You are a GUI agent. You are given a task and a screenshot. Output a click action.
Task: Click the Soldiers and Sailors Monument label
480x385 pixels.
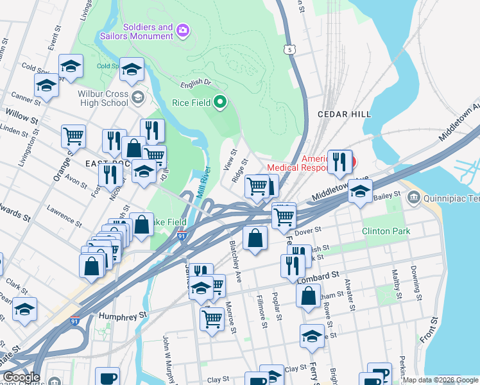point(137,31)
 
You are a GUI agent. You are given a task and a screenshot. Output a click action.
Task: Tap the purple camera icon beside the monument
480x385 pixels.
point(183,30)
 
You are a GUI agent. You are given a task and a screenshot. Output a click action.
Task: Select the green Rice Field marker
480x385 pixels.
point(220,102)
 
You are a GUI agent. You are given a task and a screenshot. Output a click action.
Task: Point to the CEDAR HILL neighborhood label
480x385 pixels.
point(345,114)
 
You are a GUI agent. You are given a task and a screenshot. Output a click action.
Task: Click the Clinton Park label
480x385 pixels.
point(385,230)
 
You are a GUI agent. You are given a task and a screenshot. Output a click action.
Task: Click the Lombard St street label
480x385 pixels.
point(318,275)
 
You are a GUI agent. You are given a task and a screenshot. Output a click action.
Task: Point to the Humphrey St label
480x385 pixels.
point(123,316)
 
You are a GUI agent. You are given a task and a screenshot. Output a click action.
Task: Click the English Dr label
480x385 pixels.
point(196,83)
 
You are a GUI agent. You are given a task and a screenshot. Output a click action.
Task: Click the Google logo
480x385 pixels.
point(22,377)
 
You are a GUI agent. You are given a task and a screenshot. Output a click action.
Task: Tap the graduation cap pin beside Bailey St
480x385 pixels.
point(361,191)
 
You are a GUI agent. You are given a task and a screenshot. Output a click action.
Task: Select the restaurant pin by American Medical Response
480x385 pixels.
point(339,161)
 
